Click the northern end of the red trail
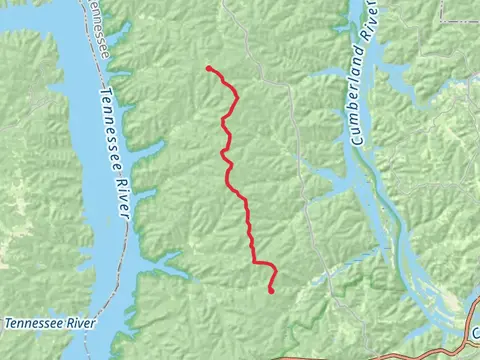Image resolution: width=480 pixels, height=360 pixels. click(x=208, y=68)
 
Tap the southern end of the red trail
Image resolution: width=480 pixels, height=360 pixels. click(x=271, y=291)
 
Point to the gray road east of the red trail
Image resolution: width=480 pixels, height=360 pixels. click(x=296, y=150)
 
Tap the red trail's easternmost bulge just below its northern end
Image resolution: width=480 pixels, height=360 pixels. click(x=236, y=97)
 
